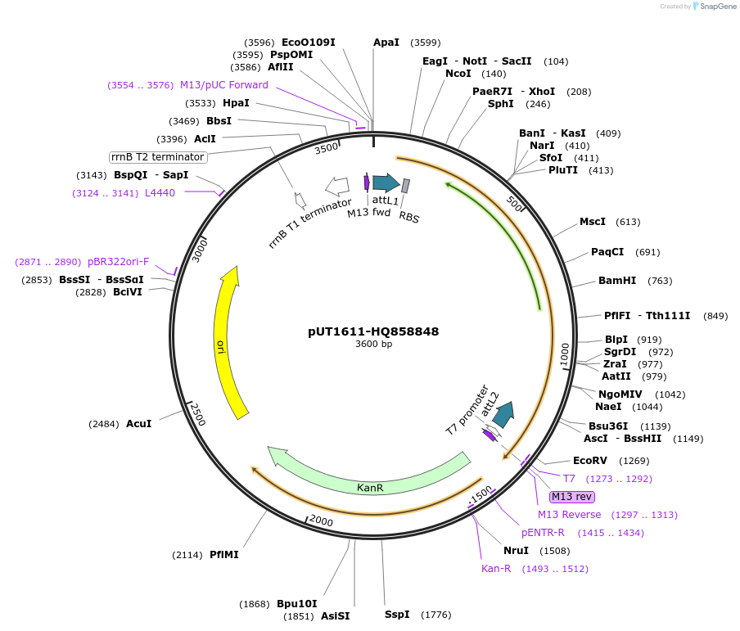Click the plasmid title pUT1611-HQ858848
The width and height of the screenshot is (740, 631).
click(x=373, y=331)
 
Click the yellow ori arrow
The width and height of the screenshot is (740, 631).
click(x=227, y=344)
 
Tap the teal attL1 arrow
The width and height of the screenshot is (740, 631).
click(x=386, y=183)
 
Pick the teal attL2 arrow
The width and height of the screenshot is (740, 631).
click(x=504, y=414)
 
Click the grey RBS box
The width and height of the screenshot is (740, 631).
click(x=405, y=187)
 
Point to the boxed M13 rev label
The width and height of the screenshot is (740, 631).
click(x=572, y=497)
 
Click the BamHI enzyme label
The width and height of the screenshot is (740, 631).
click(x=617, y=281)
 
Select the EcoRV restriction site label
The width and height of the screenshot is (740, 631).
click(x=590, y=461)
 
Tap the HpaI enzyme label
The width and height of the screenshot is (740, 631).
click(x=236, y=103)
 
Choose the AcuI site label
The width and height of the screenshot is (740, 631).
click(x=138, y=424)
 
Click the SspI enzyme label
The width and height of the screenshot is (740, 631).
click(x=397, y=614)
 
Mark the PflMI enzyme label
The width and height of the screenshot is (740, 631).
click(x=223, y=555)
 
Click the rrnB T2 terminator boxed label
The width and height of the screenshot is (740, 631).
click(x=158, y=157)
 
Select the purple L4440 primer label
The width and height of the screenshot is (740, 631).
click(x=160, y=193)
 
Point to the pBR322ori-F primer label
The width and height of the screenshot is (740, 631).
click(x=118, y=262)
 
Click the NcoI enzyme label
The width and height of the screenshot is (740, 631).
click(x=458, y=74)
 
